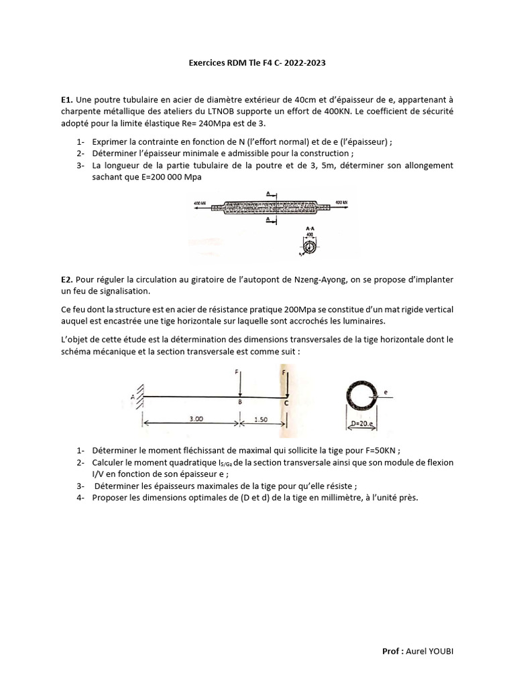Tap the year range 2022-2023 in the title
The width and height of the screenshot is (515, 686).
coord(306,63)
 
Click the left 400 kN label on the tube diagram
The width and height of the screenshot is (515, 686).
coord(199,202)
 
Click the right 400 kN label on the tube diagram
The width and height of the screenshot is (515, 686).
coord(342,202)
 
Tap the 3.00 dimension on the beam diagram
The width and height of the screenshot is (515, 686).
coord(196,418)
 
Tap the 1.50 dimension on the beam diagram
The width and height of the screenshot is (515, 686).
coord(262,418)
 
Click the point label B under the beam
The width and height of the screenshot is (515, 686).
coord(240,403)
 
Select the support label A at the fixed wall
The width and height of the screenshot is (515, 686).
coord(132,397)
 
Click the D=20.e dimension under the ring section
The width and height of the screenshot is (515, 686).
coord(363,423)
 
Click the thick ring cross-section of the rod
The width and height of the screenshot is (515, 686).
coord(361,396)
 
